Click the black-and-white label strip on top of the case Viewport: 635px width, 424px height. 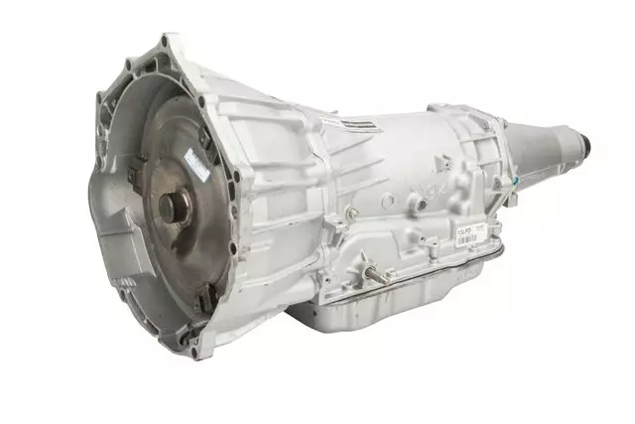(x=354, y=124)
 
